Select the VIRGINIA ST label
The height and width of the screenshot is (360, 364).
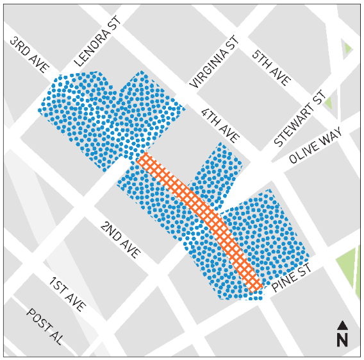pyautogui.click(x=215, y=62)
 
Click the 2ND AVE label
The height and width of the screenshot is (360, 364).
pyautogui.click(x=120, y=240)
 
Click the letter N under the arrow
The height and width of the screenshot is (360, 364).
pyautogui.click(x=343, y=339)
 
